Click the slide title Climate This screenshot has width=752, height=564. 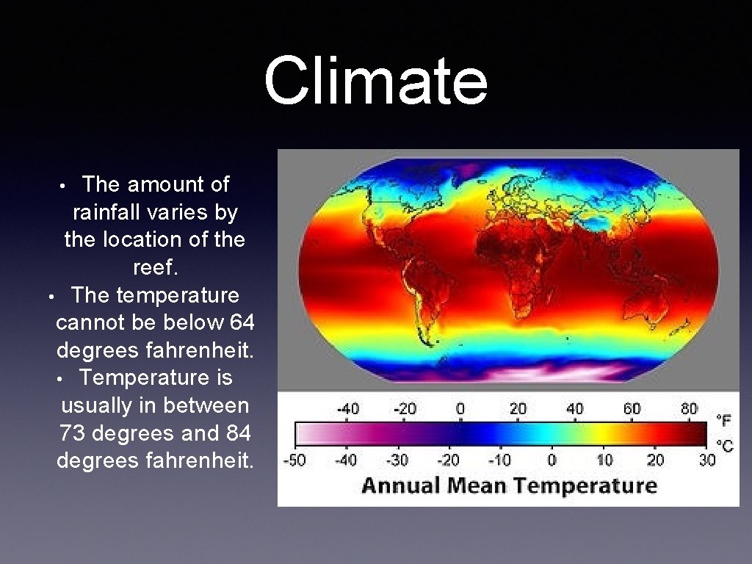[375, 82]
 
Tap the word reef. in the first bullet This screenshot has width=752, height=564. [155, 267]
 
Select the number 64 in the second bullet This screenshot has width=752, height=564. [241, 323]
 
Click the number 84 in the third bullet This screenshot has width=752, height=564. [239, 433]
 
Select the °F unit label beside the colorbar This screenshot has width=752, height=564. [723, 420]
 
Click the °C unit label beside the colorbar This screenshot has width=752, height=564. [724, 446]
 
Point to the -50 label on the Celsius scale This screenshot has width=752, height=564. [295, 460]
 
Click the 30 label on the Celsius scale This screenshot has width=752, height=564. [706, 460]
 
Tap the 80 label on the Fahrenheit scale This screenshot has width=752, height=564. [689, 408]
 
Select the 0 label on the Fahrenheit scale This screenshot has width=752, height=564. [460, 408]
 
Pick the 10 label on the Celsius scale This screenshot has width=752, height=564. [604, 460]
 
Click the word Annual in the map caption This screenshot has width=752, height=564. [399, 486]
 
